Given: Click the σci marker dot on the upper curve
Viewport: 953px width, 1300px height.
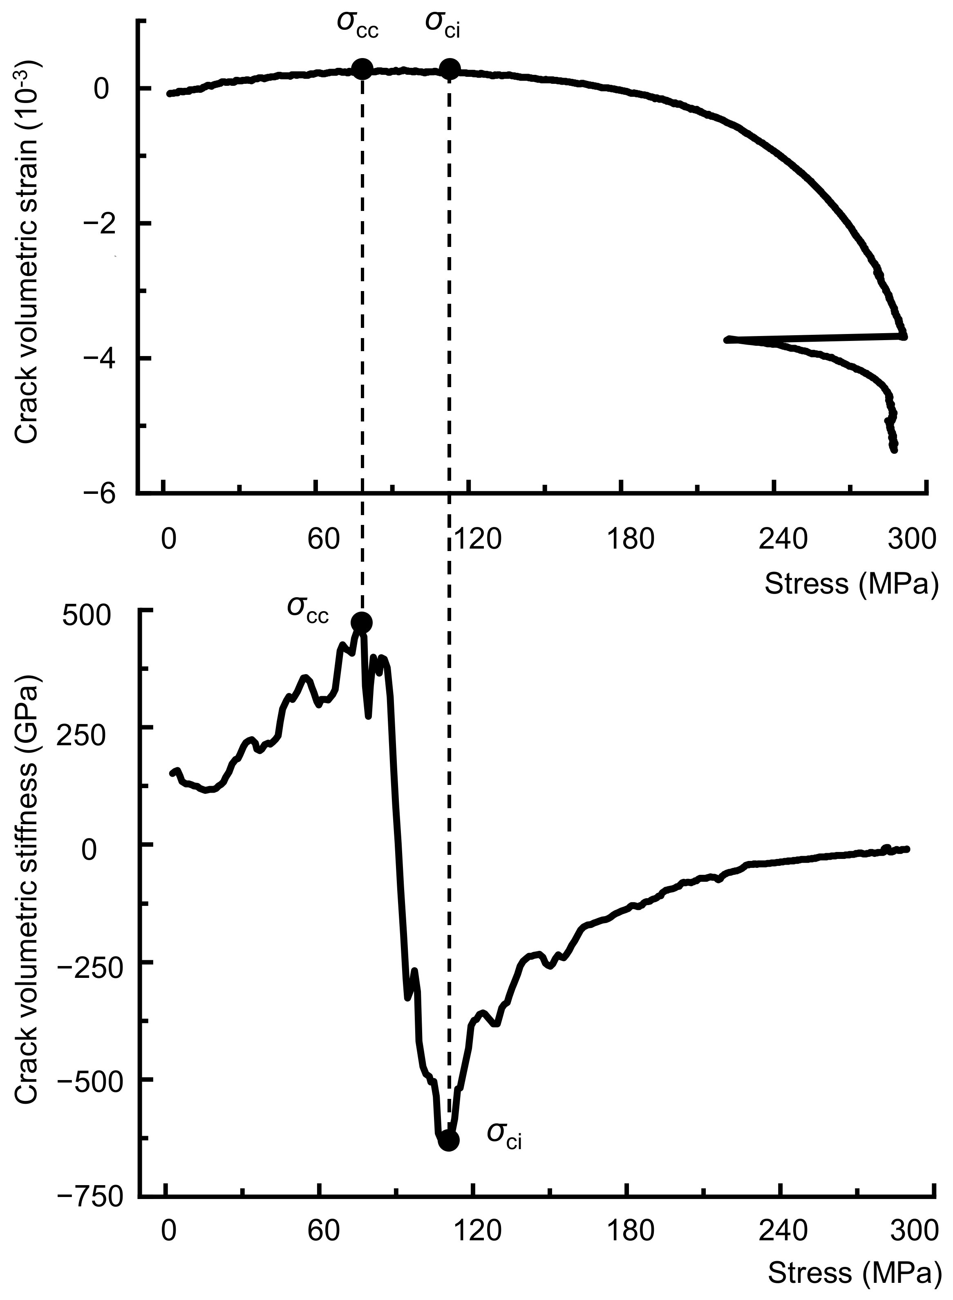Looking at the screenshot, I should click(450, 69).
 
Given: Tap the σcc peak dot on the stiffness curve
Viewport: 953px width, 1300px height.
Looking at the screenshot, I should click(362, 622).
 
